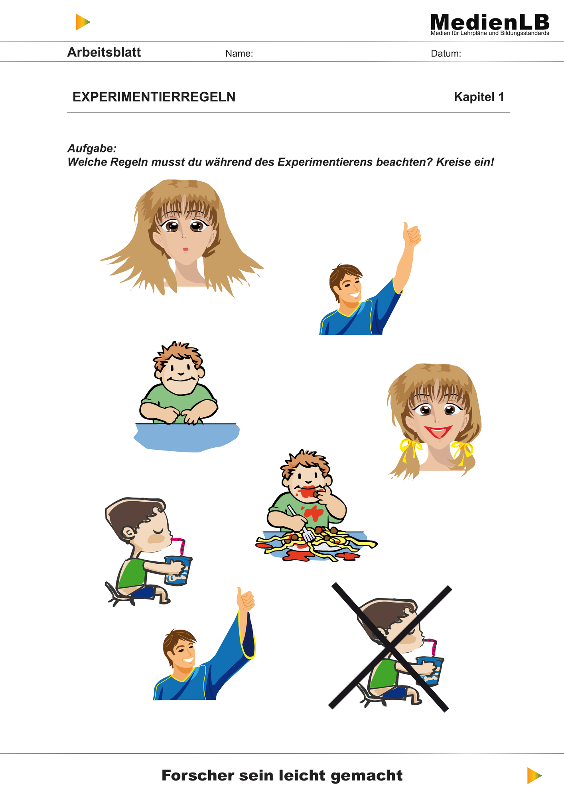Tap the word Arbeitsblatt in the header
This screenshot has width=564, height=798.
click(104, 52)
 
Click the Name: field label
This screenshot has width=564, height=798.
click(239, 53)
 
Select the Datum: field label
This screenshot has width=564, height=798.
click(446, 53)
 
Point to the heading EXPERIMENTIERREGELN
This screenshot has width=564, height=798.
click(154, 97)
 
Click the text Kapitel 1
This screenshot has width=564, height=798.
click(479, 97)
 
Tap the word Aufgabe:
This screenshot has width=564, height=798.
click(92, 148)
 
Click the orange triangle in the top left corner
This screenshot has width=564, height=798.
click(83, 22)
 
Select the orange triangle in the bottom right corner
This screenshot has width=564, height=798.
click(534, 775)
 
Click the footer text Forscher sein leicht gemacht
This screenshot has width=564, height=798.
click(282, 775)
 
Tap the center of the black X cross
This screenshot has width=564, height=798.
click(390, 648)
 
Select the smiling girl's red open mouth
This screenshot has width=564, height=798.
click(438, 431)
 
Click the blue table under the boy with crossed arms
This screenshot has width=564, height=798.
click(187, 437)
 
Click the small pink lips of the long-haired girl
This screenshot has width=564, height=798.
click(185, 249)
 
